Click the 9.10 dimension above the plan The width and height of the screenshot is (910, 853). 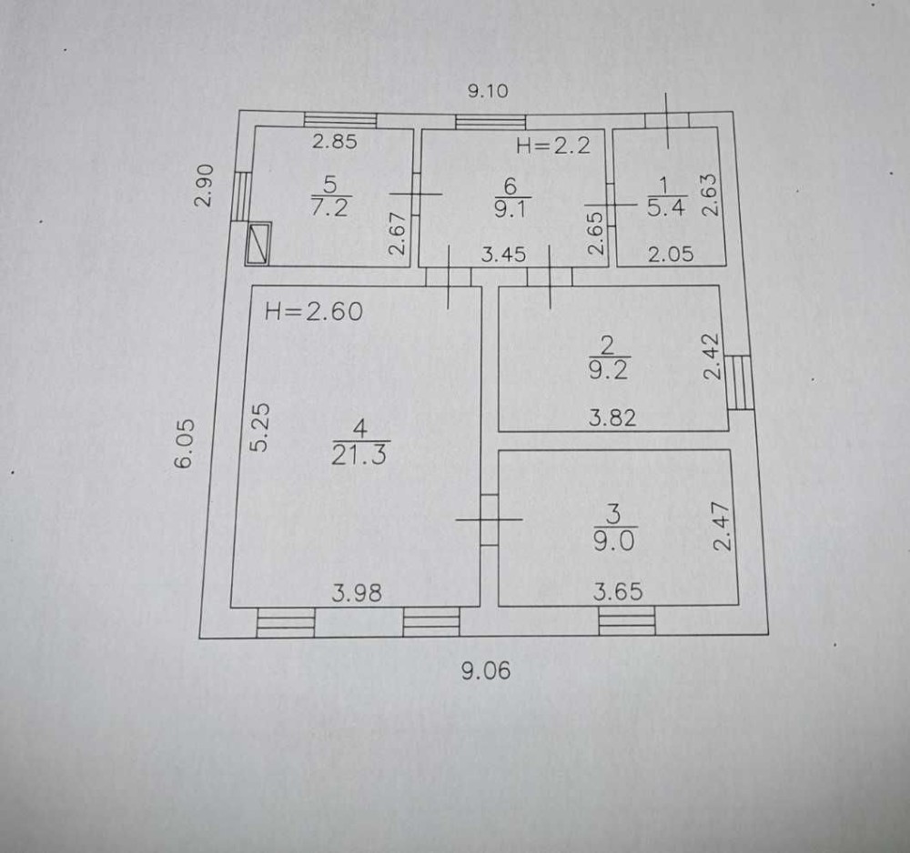tap(488, 91)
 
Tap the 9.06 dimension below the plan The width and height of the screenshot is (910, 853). tap(486, 671)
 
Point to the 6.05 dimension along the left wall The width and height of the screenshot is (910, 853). tap(185, 443)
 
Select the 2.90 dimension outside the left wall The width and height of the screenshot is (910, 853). tap(204, 186)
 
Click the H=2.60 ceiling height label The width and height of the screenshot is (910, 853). tap(313, 312)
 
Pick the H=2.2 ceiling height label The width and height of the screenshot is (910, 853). tap(553, 146)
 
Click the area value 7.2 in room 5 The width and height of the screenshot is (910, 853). tap(329, 207)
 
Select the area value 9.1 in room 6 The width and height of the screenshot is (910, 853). tap(511, 208)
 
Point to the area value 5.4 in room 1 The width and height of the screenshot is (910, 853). tap(666, 207)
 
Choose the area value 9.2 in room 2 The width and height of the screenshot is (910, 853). tap(608, 369)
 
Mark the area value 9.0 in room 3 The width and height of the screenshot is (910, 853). tap(614, 541)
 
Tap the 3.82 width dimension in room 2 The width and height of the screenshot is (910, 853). tap(612, 417)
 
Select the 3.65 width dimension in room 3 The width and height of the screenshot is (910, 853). tap(618, 592)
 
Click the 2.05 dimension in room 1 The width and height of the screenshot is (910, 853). tap(671, 254)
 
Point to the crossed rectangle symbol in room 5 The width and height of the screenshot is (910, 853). tap(258, 244)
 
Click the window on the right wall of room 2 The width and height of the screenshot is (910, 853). tap(739, 383)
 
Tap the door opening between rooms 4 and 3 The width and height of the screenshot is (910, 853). tap(490, 519)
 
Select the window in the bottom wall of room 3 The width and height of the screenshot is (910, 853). tap(627, 620)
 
